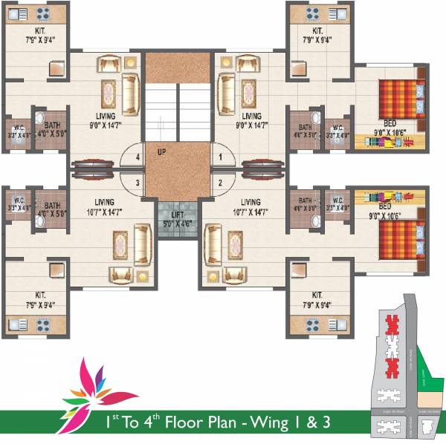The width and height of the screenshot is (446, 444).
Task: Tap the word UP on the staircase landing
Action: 161,151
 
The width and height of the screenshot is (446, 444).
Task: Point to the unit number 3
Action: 137,182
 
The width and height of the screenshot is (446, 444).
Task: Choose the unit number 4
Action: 137,157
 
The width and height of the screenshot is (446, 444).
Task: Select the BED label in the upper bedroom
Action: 390,123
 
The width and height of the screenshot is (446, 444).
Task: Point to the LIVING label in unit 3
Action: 109,202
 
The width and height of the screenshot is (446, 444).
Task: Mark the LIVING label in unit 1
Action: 252,116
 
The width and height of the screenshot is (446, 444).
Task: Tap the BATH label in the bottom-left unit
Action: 52,206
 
